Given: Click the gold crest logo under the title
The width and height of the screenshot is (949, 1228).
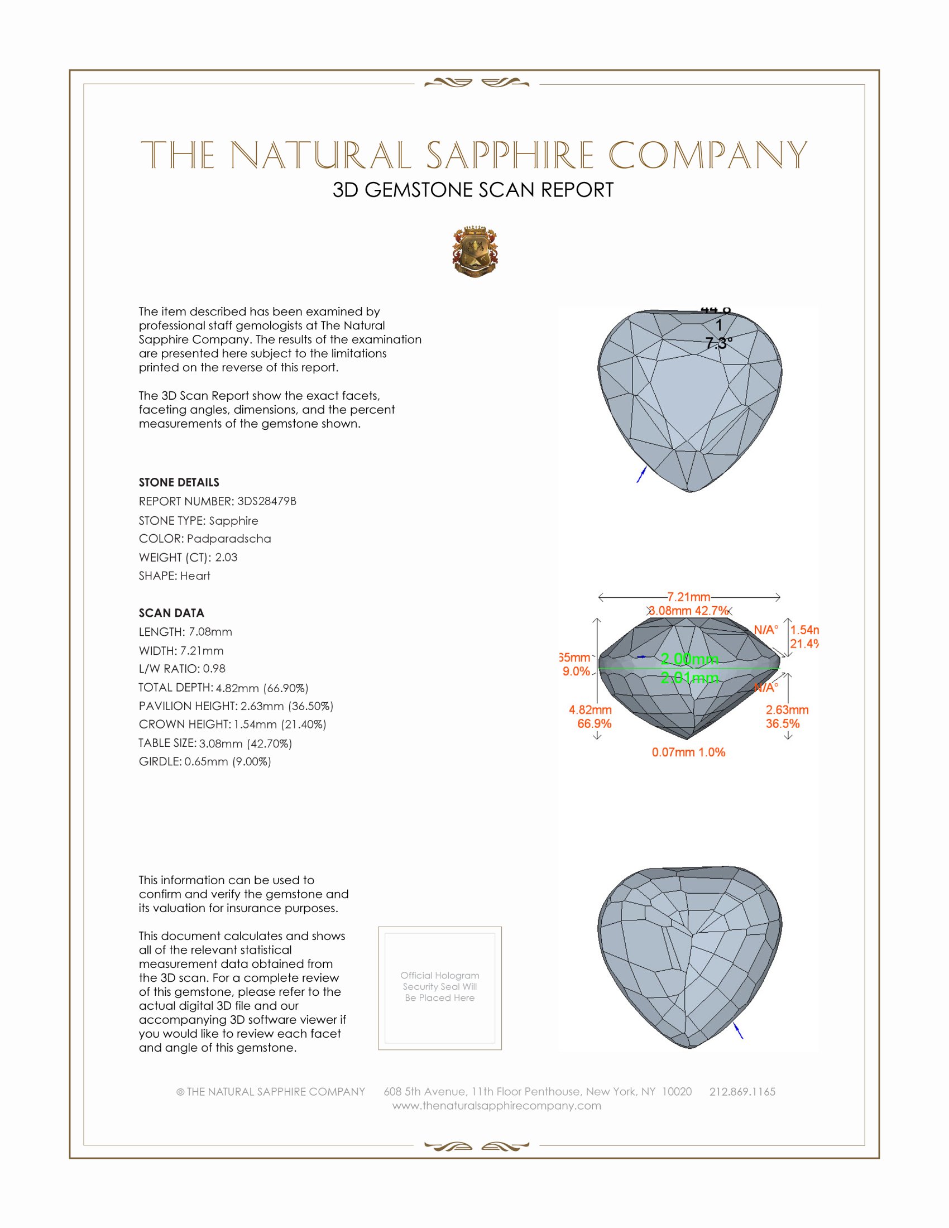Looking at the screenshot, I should tap(475, 252).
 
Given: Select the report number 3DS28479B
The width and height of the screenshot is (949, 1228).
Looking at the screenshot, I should tap(266, 501).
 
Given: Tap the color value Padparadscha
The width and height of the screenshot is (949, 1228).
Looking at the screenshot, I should tap(229, 539).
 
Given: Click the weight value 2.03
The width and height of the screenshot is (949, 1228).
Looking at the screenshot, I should tap(226, 557).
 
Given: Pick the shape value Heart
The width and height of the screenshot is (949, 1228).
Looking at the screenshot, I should tap(195, 576).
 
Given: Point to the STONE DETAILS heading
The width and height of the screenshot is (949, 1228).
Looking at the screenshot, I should tap(179, 482).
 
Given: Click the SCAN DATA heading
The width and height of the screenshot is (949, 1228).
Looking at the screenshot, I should tap(171, 613).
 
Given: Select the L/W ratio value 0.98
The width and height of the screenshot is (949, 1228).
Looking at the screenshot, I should tap(214, 669).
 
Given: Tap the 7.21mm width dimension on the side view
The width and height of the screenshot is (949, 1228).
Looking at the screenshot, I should tap(689, 597).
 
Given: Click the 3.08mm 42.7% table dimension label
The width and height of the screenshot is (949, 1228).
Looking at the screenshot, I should tap(689, 611).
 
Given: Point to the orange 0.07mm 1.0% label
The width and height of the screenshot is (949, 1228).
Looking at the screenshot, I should tap(688, 752).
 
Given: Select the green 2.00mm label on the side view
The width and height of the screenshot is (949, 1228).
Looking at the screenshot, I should tap(689, 659).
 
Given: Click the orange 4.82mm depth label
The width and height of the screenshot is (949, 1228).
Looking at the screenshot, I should tap(590, 710).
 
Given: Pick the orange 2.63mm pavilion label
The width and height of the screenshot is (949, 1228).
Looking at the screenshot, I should tap(787, 710).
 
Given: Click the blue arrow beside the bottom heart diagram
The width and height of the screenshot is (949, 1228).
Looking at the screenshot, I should tap(739, 1030).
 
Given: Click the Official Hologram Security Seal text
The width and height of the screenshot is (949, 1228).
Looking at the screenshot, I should tap(440, 986).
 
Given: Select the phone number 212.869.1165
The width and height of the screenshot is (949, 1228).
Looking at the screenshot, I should tap(742, 1091).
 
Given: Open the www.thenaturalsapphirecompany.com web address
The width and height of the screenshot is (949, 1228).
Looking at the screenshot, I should tap(496, 1105).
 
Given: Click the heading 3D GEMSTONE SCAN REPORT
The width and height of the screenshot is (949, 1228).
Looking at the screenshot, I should tap(473, 190).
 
